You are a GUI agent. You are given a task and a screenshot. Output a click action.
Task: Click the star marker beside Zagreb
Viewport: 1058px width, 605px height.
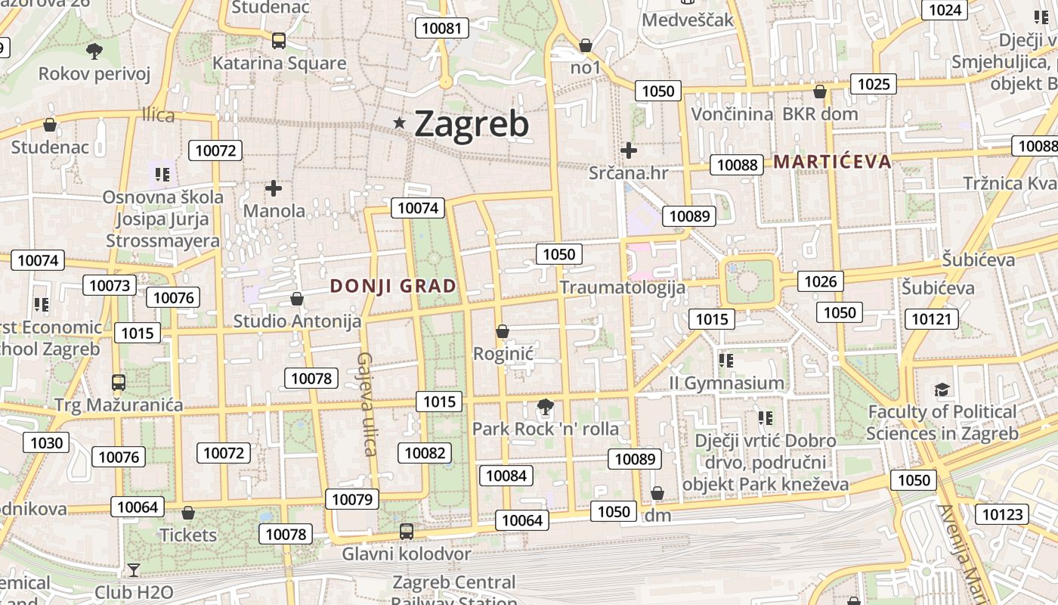tap(400, 123)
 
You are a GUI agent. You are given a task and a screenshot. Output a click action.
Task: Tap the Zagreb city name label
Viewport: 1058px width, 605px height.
tap(472, 124)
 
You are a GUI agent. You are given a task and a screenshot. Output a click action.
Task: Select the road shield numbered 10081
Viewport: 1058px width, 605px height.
tap(442, 29)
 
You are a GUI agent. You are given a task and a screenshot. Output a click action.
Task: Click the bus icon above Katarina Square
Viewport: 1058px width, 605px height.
tap(279, 41)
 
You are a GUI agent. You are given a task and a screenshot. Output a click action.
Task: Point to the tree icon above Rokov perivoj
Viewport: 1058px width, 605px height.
tap(94, 51)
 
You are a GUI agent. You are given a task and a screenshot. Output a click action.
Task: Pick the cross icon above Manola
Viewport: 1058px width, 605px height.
tap(274, 188)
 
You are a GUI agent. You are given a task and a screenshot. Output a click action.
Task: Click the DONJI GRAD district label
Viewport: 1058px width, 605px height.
tap(393, 286)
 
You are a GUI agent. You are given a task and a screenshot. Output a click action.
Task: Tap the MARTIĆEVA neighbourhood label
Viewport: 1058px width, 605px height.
tap(832, 161)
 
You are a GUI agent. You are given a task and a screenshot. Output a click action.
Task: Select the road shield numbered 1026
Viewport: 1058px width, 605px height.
tap(821, 282)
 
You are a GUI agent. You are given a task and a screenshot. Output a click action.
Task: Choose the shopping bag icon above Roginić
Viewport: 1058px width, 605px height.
tap(503, 331)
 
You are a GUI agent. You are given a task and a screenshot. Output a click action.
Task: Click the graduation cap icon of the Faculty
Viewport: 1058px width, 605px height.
tap(942, 389)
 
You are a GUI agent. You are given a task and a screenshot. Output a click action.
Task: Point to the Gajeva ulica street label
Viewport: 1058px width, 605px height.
tap(367, 405)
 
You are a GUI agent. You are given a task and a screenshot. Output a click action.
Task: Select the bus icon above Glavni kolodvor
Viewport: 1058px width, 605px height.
tap(407, 531)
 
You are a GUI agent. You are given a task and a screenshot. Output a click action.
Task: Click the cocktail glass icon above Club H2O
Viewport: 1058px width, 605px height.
tap(134, 569)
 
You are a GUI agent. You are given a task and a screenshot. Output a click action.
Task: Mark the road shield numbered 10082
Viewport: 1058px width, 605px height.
tap(425, 453)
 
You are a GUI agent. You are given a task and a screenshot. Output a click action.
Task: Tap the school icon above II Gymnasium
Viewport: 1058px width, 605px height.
tap(726, 361)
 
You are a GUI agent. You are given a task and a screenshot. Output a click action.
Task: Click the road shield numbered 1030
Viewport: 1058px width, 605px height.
tap(47, 442)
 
